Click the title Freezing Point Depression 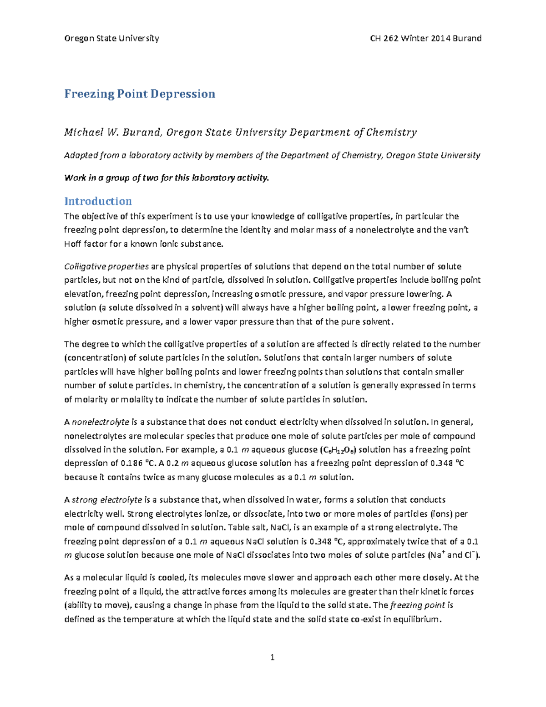[139, 94]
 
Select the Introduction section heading [98, 201]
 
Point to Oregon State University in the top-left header [111, 38]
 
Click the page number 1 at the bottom [273, 657]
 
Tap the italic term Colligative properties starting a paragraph [106, 266]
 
